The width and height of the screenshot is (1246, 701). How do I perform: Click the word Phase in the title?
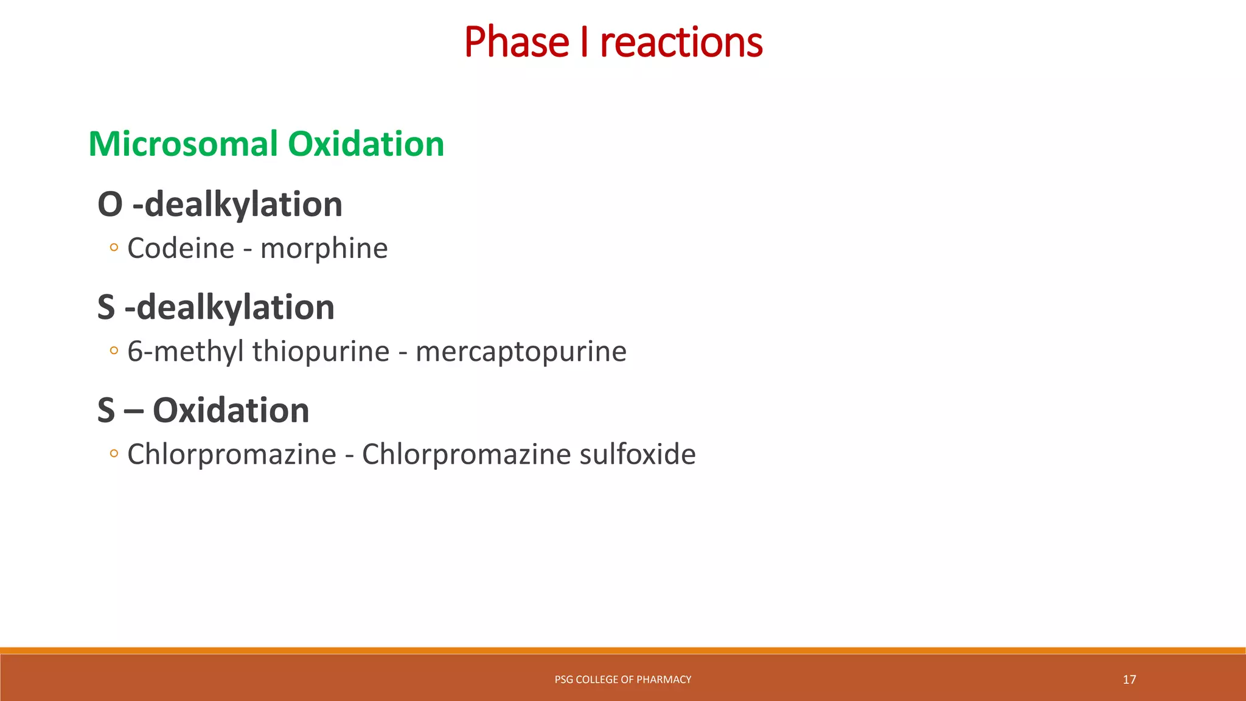[x=517, y=43]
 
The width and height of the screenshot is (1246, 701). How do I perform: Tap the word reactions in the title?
[x=681, y=43]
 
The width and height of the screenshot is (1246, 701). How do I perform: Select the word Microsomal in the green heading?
[x=183, y=144]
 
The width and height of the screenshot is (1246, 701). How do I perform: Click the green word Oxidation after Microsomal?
[x=366, y=144]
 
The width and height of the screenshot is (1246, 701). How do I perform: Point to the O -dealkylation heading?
[x=220, y=204]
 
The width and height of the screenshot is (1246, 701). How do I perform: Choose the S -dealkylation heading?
[x=216, y=307]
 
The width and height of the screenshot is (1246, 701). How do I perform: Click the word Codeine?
[x=181, y=248]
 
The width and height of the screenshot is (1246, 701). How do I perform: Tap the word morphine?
[x=324, y=248]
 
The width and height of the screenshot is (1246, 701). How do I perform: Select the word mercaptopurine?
[x=521, y=352]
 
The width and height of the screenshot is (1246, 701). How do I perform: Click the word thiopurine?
[x=321, y=352]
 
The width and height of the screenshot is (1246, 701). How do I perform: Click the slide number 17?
[x=1129, y=680]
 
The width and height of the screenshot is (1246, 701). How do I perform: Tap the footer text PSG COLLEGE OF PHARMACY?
[x=623, y=680]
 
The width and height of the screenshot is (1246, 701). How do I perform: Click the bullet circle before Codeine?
[x=114, y=248]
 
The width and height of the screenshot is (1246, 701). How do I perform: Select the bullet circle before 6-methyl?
[x=114, y=350]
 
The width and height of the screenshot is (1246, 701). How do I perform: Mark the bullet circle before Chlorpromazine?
[x=114, y=453]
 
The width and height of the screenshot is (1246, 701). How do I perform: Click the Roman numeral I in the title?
[x=584, y=43]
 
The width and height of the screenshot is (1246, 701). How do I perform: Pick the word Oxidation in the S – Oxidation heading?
[x=231, y=411]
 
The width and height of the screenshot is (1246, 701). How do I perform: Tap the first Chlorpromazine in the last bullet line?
[x=232, y=455]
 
